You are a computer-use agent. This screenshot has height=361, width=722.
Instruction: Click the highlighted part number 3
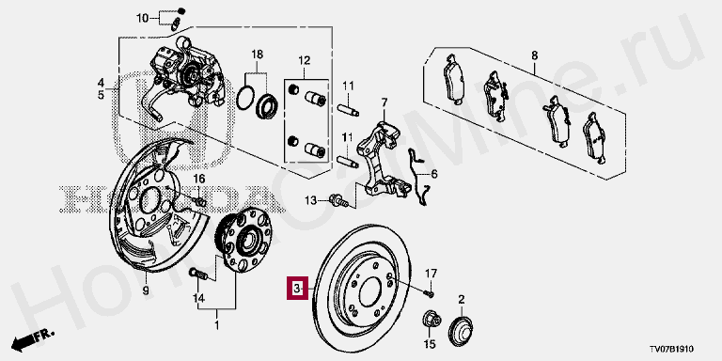(x=297, y=289)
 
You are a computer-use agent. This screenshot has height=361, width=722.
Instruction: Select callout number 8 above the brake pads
(x=534, y=55)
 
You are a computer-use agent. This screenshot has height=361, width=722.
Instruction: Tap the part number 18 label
(x=257, y=55)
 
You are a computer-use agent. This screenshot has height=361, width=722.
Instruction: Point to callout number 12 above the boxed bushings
(x=305, y=60)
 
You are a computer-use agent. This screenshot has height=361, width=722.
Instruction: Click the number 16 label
(x=198, y=179)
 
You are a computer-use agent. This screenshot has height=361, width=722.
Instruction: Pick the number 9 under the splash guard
(x=146, y=290)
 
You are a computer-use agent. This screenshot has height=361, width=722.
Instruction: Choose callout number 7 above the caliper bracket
(x=384, y=102)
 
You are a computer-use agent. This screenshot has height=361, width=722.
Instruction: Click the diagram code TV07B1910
(x=671, y=350)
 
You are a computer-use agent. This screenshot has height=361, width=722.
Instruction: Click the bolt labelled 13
(x=337, y=201)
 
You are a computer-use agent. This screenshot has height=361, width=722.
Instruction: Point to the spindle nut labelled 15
(x=431, y=320)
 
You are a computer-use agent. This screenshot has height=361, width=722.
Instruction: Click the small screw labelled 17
(x=430, y=292)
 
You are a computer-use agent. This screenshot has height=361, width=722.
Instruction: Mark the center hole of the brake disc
(x=369, y=295)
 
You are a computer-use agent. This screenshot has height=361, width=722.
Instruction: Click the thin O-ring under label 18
(x=245, y=98)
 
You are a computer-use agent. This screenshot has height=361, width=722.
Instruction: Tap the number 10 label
(x=143, y=19)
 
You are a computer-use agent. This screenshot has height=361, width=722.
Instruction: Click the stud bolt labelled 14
(x=199, y=274)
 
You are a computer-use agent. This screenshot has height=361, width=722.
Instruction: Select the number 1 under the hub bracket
(x=217, y=326)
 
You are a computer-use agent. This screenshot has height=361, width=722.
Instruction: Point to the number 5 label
(x=101, y=95)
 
